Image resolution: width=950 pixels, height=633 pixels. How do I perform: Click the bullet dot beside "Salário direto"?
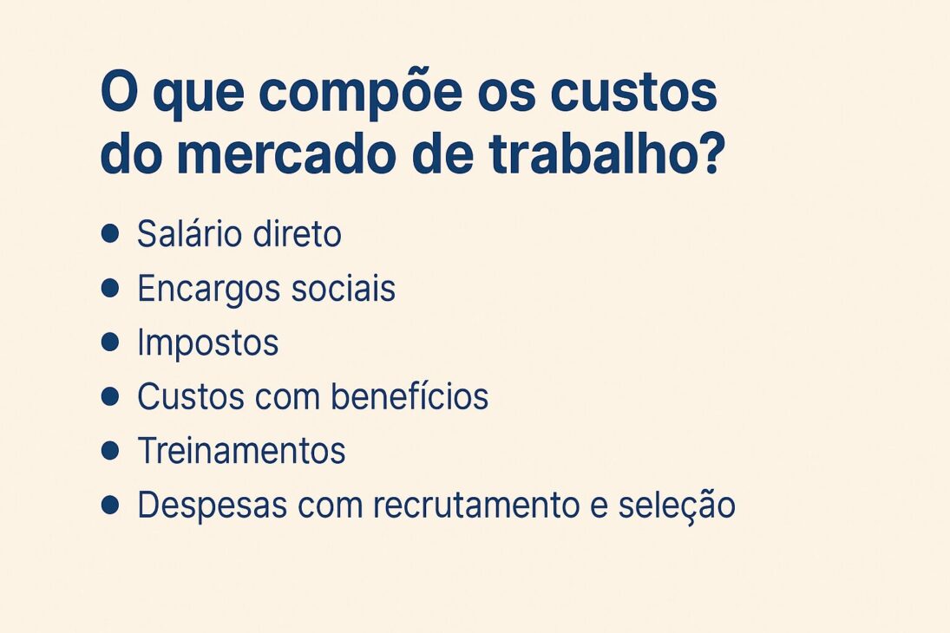click(x=109, y=234)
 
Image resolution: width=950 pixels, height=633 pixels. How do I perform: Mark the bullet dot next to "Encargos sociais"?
click(x=109, y=289)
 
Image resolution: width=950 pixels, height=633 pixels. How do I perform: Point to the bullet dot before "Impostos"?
click(x=109, y=343)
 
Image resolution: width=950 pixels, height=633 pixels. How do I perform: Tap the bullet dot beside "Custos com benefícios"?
click(x=109, y=396)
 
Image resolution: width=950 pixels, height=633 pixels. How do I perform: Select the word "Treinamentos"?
click(x=241, y=451)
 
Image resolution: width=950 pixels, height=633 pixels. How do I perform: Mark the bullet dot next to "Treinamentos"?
click(x=109, y=450)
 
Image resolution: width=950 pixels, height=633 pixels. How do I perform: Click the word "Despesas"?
click(x=206, y=506)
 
